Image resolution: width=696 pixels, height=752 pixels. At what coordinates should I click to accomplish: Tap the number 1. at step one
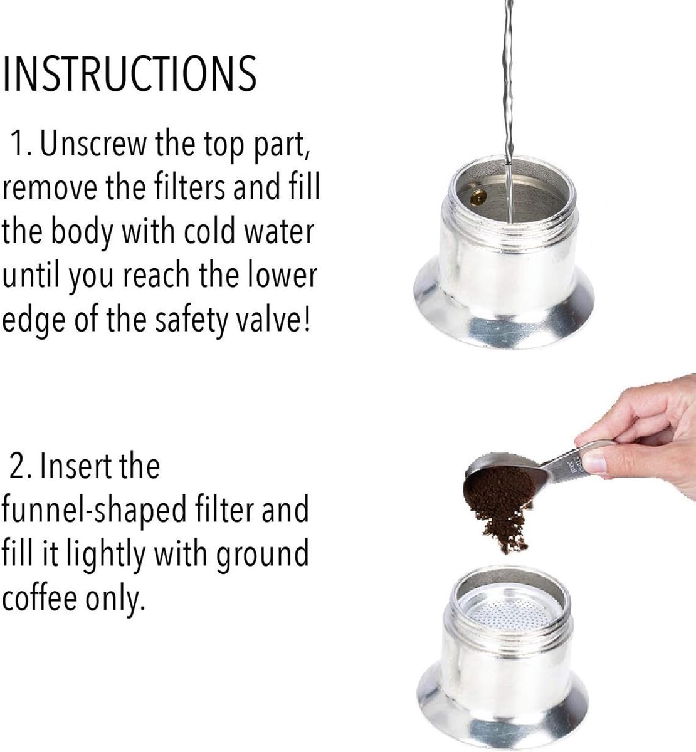tap(23, 144)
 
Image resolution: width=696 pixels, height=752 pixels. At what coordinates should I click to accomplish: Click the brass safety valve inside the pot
tap(478, 197)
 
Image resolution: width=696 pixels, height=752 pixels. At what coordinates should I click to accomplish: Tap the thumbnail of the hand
tap(594, 462)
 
